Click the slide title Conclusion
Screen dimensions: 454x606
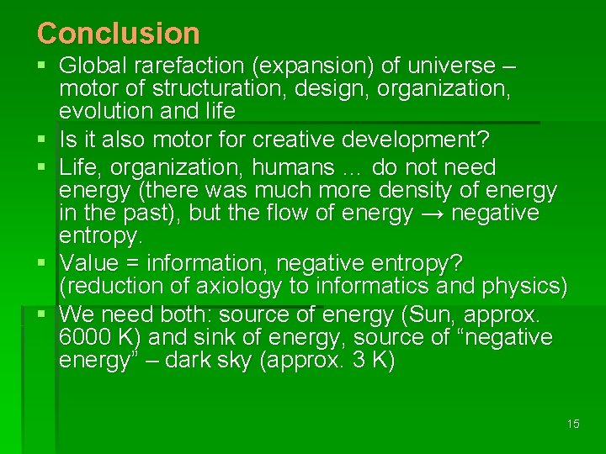click(119, 34)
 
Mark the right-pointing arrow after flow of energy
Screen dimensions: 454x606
click(431, 214)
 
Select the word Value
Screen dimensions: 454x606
click(90, 263)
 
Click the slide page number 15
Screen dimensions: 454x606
click(573, 424)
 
